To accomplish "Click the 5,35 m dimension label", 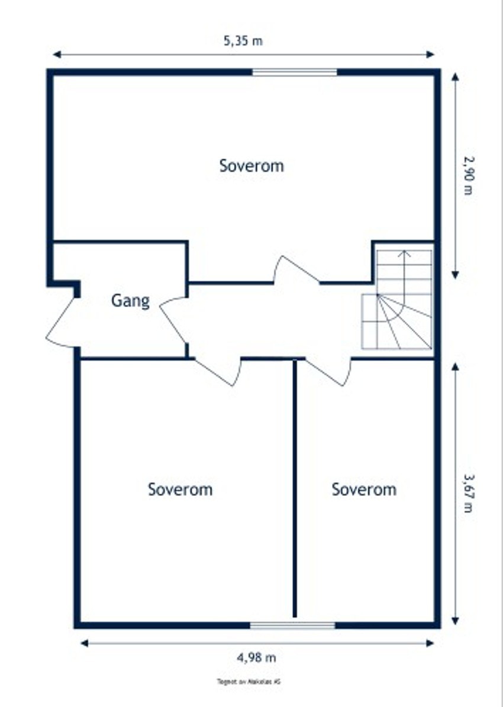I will click(243, 41).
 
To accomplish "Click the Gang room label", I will click(130, 301).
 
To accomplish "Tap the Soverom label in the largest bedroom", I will click(251, 166).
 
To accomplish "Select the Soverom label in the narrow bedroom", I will click(363, 489).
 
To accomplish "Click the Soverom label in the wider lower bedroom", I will click(180, 489).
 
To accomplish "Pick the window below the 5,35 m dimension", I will click(295, 72).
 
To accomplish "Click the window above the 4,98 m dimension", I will click(292, 625).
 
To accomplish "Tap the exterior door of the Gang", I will click(62, 323).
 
